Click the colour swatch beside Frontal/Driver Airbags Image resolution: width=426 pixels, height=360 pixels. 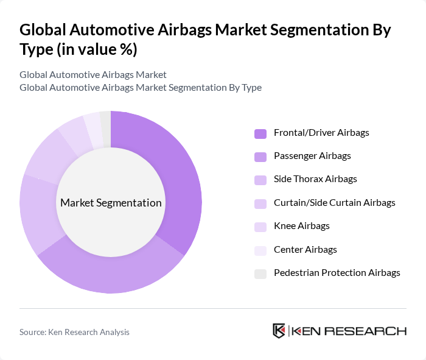260,133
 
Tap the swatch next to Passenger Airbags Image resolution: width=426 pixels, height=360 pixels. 260,157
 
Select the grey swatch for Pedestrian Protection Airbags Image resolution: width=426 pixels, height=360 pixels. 260,274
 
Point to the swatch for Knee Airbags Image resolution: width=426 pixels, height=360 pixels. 260,227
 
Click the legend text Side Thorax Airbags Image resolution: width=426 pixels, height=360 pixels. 315,179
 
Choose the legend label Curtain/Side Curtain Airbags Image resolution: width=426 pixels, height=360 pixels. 334,202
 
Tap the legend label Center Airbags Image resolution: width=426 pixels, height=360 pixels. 305,249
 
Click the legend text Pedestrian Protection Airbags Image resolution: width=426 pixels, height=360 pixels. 337,272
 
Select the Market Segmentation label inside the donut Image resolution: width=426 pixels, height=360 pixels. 111,203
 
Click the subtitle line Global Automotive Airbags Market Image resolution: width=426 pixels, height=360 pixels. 93,75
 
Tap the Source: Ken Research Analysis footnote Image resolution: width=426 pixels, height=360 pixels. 74,332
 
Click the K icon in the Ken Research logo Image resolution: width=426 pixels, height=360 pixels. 279,331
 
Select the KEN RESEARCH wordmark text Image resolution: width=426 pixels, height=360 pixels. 349,331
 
